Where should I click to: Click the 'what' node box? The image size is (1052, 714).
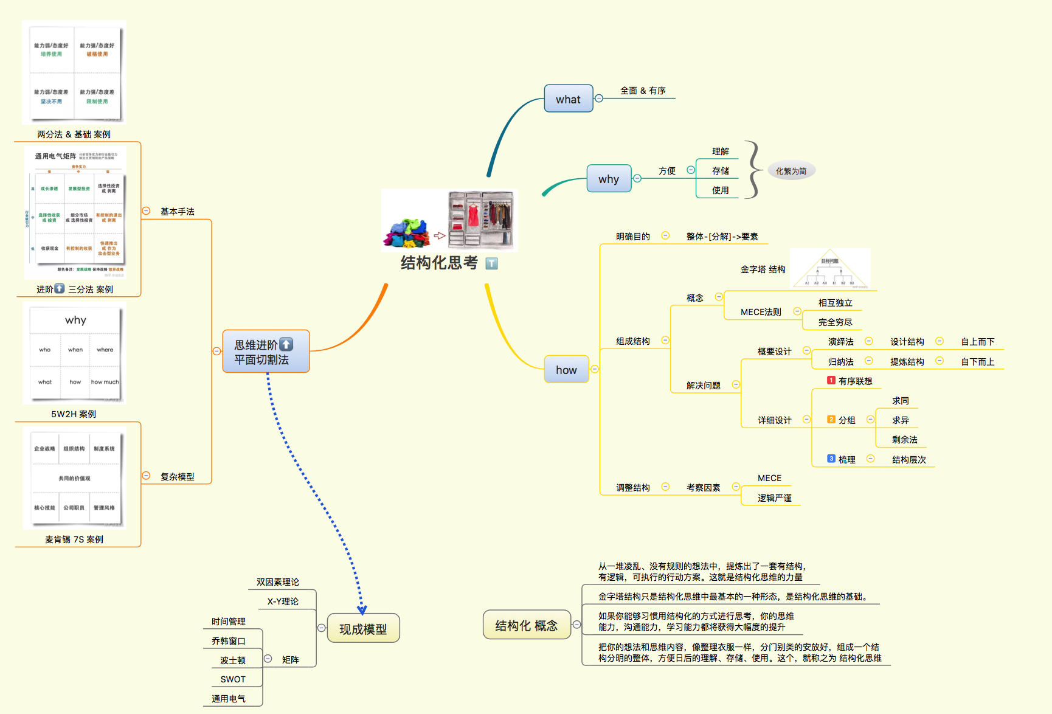point(568,99)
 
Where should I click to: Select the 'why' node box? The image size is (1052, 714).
point(609,179)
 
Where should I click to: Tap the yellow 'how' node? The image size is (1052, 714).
point(566,369)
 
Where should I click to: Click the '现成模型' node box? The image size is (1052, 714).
point(363,628)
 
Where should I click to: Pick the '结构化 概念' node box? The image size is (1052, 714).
point(526,625)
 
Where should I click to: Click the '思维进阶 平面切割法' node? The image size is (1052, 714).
point(266,352)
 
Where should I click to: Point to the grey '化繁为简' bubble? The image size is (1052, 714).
point(791,171)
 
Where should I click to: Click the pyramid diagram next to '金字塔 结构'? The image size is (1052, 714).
point(830,269)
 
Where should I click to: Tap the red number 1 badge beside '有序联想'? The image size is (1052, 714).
point(831,380)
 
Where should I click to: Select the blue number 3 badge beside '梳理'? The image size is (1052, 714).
point(831,459)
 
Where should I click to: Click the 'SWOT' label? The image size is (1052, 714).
point(233,679)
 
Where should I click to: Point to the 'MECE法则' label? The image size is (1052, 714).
point(761,312)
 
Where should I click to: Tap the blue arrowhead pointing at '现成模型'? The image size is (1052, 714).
point(362,609)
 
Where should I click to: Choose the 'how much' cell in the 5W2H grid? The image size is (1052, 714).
point(105,382)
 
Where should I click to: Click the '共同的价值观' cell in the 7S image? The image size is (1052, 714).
point(74,479)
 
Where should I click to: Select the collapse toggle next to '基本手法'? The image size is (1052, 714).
point(146,211)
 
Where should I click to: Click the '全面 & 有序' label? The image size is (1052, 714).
point(643,91)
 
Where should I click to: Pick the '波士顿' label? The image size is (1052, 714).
point(233,660)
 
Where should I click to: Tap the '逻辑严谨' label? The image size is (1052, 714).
point(774,498)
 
